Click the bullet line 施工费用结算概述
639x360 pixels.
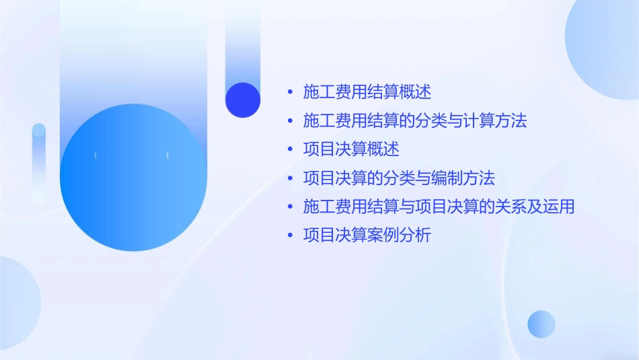tap(367, 92)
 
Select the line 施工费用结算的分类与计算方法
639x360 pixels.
tap(414, 121)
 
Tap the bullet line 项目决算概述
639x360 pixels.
tap(351, 149)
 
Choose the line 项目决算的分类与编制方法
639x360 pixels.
tap(399, 178)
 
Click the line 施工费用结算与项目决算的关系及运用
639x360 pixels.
tap(439, 207)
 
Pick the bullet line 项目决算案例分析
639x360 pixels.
tap(367, 236)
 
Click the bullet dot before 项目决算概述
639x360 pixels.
tap(290, 149)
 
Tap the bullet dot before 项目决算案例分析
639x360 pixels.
tap(290, 236)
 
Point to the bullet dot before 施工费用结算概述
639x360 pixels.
tap(290, 92)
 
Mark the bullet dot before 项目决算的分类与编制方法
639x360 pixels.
tap(290, 178)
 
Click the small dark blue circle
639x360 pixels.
tap(243, 100)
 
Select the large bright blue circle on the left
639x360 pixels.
tap(133, 178)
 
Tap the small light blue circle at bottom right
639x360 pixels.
tap(541, 324)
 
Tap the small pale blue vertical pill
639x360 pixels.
tap(39, 161)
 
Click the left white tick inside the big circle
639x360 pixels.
tap(96, 155)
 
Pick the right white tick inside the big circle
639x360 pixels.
tap(167, 155)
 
